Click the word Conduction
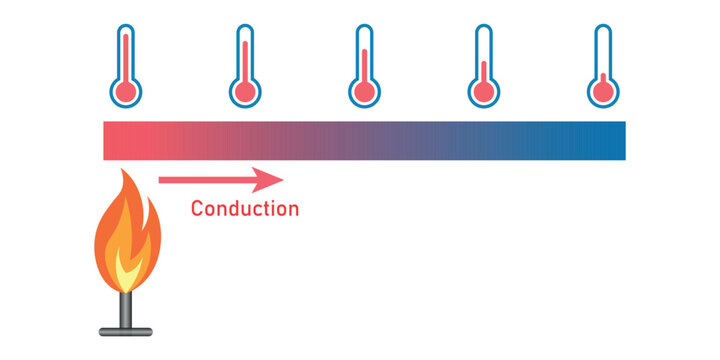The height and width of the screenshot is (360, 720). [244, 209]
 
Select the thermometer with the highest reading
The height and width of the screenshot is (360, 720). [126, 65]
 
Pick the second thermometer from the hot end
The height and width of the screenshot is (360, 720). [244, 65]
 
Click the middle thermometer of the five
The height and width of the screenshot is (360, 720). [365, 65]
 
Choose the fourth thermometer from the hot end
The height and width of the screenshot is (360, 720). [484, 65]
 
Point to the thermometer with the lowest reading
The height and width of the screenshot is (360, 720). [603, 65]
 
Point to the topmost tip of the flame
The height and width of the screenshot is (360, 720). [124, 172]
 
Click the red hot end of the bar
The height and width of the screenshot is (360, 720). [120, 140]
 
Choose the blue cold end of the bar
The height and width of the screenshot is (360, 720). [610, 140]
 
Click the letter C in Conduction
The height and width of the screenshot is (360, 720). [197, 209]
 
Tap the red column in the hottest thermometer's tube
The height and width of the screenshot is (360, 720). [126, 55]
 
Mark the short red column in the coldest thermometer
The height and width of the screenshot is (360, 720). [603, 79]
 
